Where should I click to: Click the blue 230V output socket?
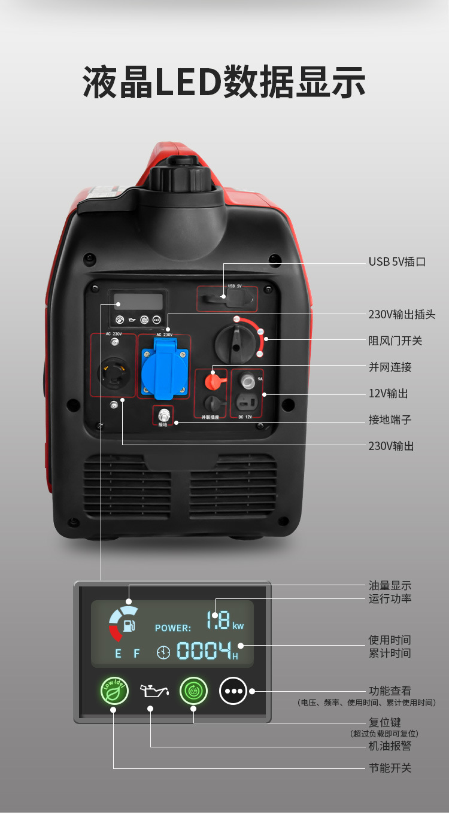pyautogui.click(x=160, y=367)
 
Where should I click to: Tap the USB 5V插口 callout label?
pyautogui.click(x=397, y=262)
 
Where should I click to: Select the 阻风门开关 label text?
pyautogui.click(x=395, y=341)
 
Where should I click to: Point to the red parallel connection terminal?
pyautogui.click(x=211, y=381)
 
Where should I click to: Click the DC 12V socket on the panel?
pyautogui.click(x=247, y=401)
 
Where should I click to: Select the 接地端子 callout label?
pyautogui.click(x=390, y=420)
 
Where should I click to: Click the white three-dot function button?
pyautogui.click(x=233, y=691)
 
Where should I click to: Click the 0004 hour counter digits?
pyautogui.click(x=204, y=651)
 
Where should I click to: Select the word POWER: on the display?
pyautogui.click(x=173, y=628)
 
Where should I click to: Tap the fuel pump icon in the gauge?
pyautogui.click(x=128, y=626)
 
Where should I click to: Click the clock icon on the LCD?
pyautogui.click(x=163, y=652)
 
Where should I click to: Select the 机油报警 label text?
pyautogui.click(x=390, y=746)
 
